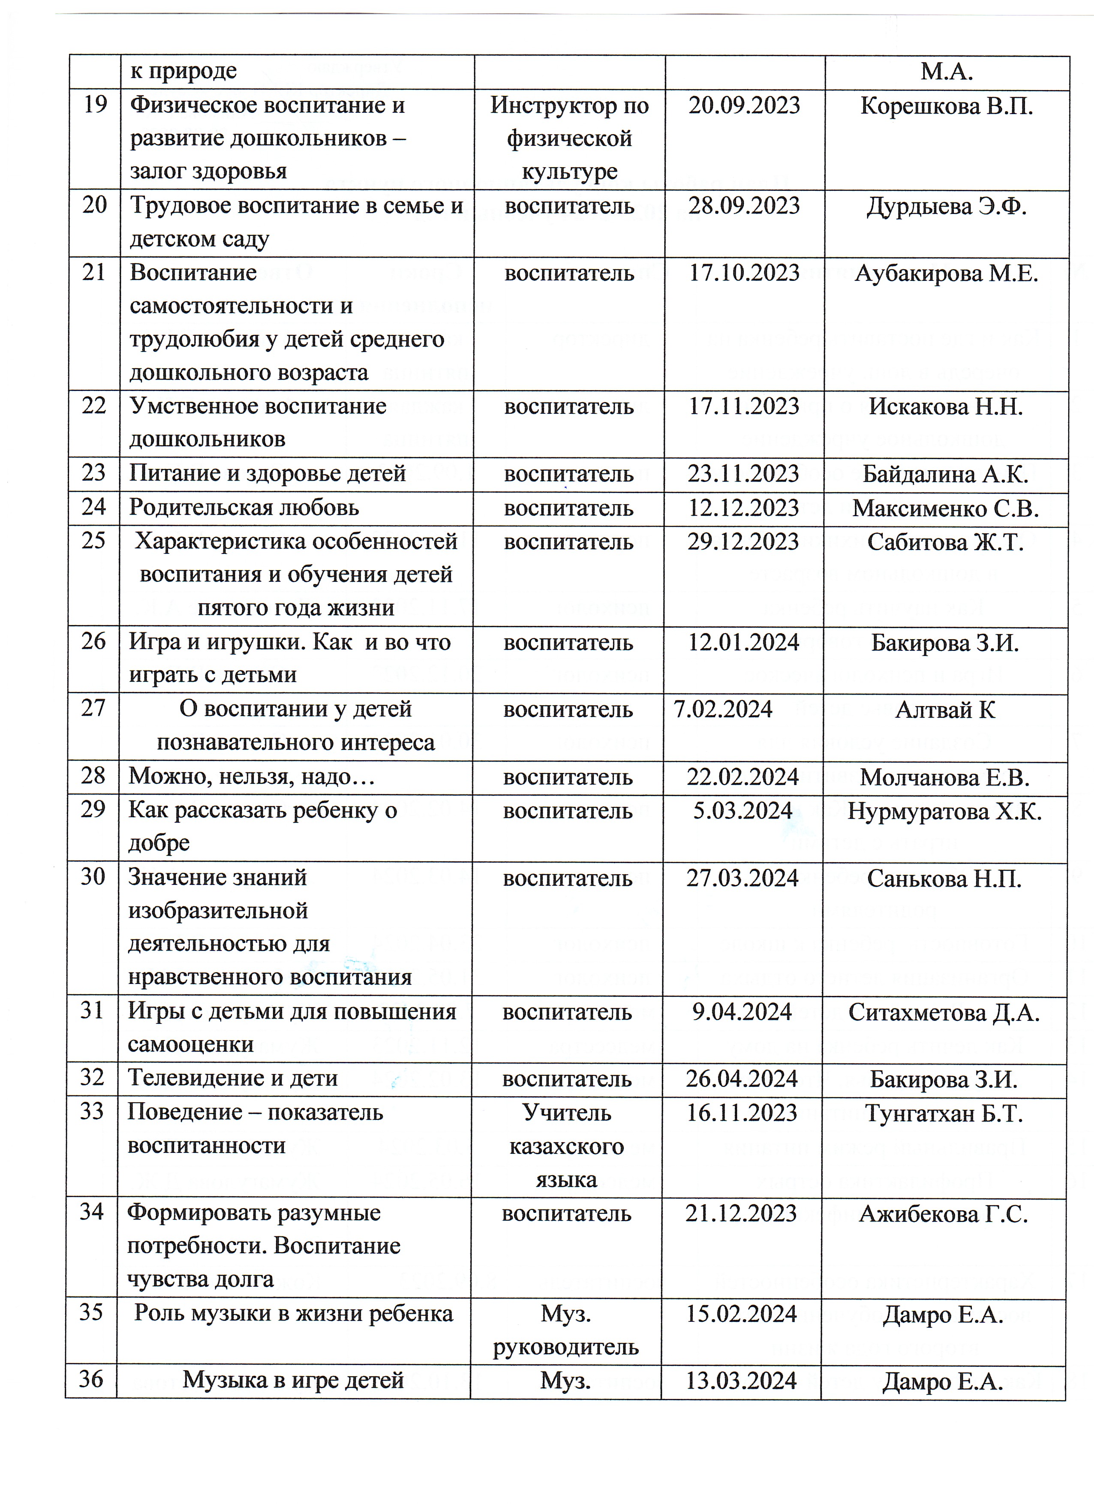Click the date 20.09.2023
point(744,106)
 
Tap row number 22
point(94,406)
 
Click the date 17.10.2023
point(744,273)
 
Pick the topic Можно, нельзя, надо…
point(252,776)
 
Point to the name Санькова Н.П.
point(944,878)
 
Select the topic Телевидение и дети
point(233,1078)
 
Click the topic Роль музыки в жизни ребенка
point(294,1314)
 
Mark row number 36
point(91,1380)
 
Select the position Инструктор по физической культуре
point(570,138)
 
